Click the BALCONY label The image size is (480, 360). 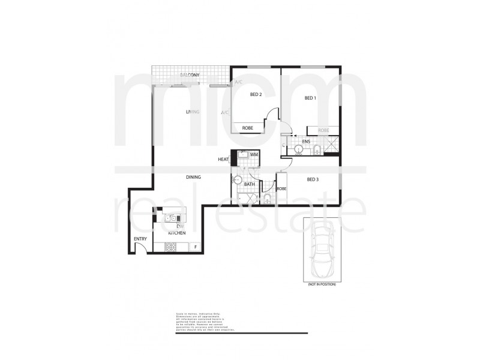(190, 75)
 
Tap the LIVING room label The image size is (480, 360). (193, 112)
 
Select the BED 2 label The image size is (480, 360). (256, 95)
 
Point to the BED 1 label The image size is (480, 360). (310, 98)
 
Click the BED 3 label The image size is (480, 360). (313, 179)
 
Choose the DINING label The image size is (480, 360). (193, 177)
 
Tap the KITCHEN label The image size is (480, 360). (176, 232)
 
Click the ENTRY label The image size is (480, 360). (140, 239)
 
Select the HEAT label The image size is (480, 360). (223, 160)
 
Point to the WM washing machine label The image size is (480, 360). (254, 155)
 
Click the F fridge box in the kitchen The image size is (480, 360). (195, 247)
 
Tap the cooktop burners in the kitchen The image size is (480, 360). (170, 246)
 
